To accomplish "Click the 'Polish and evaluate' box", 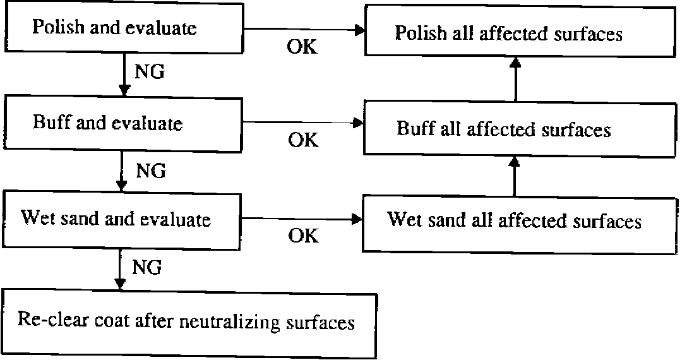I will tap(123, 28).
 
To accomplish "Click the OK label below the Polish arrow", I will tap(302, 47).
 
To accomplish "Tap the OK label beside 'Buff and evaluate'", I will tap(302, 140).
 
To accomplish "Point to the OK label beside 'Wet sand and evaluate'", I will tap(302, 236).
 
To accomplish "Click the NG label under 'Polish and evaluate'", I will tap(149, 72).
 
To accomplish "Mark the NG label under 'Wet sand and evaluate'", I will tap(146, 268).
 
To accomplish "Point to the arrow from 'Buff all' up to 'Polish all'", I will tap(516, 79).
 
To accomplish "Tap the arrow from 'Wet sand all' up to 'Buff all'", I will tap(515, 177).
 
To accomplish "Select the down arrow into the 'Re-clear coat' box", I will tap(119, 268).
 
